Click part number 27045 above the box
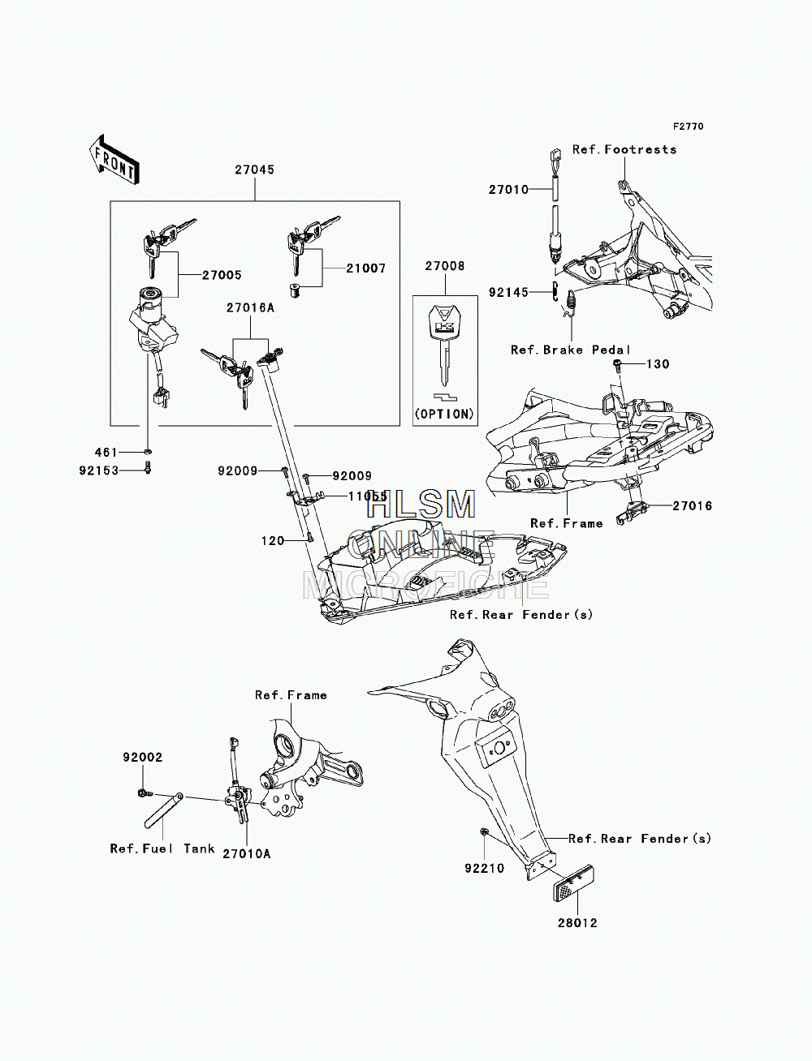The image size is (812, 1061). click(255, 170)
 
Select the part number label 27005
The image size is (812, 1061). click(222, 275)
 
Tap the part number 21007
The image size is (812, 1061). click(366, 268)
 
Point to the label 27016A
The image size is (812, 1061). click(250, 307)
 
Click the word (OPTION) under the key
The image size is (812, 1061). click(445, 415)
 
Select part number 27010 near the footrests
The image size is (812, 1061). click(508, 190)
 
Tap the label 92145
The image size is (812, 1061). click(508, 293)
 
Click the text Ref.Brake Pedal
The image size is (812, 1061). click(571, 350)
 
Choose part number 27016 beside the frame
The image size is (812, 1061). click(693, 506)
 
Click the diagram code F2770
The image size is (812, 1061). click(688, 127)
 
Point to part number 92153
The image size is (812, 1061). click(99, 470)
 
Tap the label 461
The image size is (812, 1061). click(106, 453)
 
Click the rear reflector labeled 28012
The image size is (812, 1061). click(573, 883)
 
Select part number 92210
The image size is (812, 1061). click(485, 868)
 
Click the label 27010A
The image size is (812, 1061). click(247, 854)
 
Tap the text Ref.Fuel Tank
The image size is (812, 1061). click(162, 848)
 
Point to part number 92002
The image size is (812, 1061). click(142, 758)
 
